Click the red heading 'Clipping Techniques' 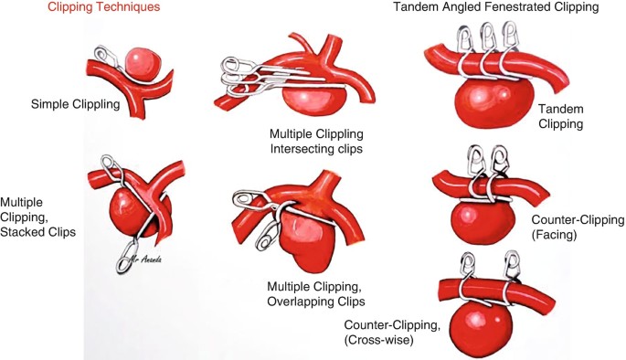tap(104, 6)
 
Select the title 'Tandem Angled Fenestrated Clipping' tap(496, 6)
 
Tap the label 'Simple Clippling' tap(76, 104)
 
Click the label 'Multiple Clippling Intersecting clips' tap(316, 141)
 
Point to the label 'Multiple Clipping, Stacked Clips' tap(37, 217)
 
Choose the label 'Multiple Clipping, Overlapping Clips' tap(316, 293)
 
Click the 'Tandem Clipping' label tap(560, 116)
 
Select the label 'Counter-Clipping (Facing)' tap(578, 228)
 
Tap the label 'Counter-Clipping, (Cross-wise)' tap(392, 333)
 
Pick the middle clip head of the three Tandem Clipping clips tap(488, 37)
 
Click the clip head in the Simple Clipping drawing tap(105, 54)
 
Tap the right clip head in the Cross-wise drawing tap(512, 264)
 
